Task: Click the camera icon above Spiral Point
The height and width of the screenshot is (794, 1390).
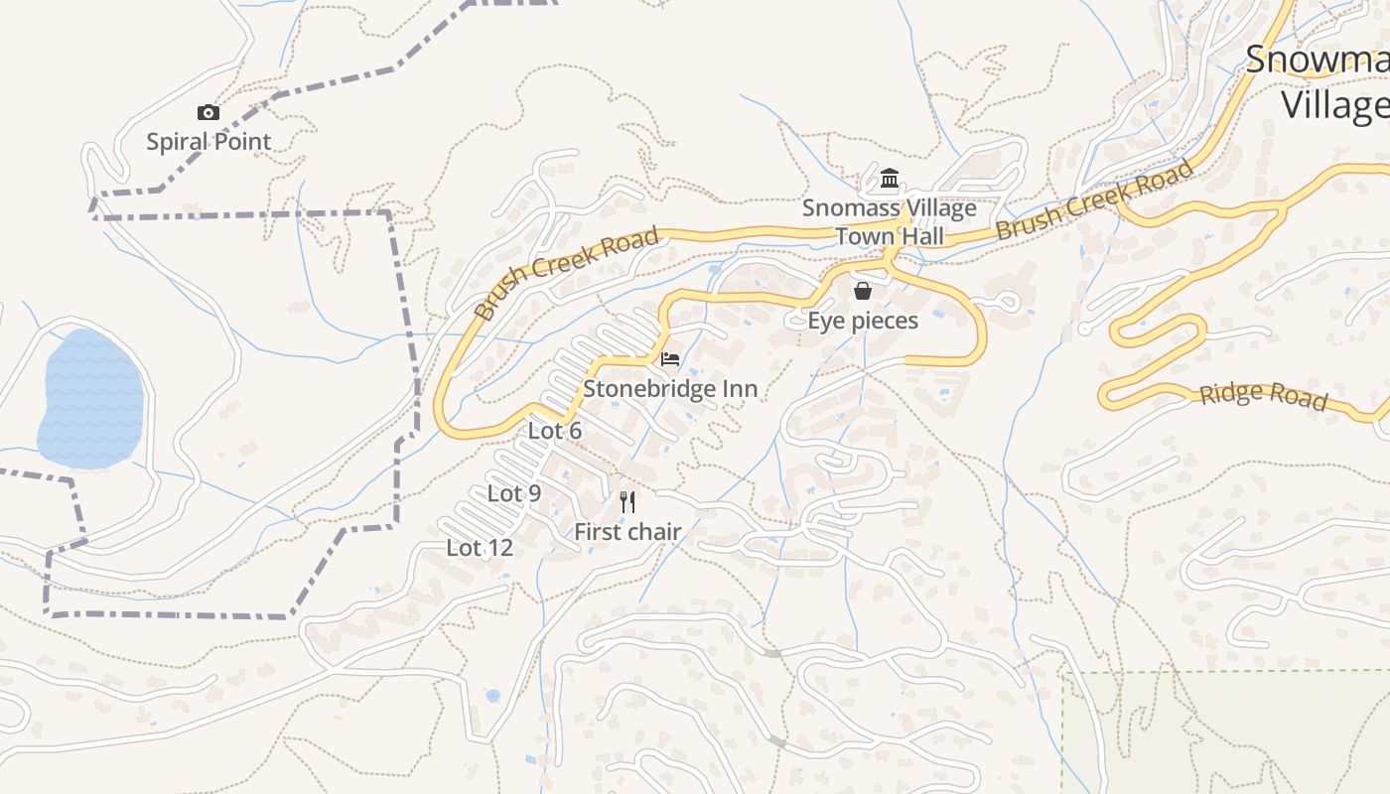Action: (208, 113)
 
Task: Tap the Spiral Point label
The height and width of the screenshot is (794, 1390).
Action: (208, 142)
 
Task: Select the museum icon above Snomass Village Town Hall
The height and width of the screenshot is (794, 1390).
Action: (890, 180)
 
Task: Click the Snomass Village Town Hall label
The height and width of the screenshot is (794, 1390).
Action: (890, 222)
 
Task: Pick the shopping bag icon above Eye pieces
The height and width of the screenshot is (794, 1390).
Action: (863, 291)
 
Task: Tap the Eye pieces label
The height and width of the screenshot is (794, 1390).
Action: (863, 321)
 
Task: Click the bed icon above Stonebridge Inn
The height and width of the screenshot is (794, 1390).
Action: (670, 358)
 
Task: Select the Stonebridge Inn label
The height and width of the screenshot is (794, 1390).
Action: (670, 389)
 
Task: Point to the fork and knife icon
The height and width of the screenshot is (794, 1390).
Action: (627, 501)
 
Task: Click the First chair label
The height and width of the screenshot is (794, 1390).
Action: (627, 532)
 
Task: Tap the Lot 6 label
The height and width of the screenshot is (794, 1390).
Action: (555, 431)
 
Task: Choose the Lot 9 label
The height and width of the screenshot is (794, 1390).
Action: (514, 493)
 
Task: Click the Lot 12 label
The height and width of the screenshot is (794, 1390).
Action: (480, 548)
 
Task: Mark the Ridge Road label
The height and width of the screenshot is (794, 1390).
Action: (1263, 395)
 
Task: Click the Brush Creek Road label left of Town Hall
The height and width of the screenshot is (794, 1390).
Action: (566, 272)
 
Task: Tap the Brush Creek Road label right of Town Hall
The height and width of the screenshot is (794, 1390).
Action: (1094, 200)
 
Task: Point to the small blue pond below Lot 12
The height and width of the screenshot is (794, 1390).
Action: (493, 696)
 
